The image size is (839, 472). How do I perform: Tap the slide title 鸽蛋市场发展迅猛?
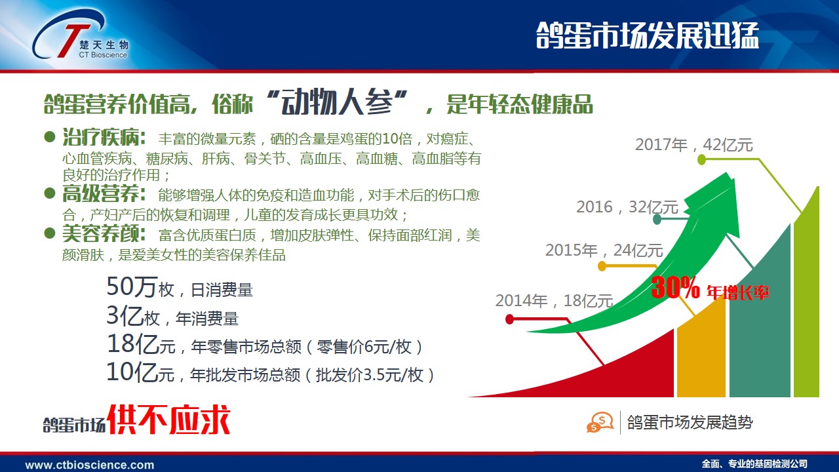tap(647, 35)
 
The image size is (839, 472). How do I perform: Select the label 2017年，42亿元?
tap(694, 145)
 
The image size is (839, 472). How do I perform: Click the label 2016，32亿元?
tap(627, 207)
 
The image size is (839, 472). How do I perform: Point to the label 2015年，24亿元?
tap(604, 250)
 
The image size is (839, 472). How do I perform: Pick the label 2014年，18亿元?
tap(555, 301)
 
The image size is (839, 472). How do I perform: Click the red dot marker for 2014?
tap(509, 319)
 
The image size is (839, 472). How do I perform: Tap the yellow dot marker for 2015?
tap(602, 266)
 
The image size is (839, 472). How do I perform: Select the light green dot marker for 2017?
tap(701, 160)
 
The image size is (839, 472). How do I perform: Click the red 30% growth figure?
tap(675, 288)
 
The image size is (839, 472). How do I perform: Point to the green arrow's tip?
tap(727, 173)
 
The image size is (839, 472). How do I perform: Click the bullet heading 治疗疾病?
tap(104, 137)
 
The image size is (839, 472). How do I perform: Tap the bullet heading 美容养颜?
tap(104, 234)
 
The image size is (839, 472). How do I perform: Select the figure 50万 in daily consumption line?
tap(131, 287)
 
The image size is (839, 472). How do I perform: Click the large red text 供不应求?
tap(168, 420)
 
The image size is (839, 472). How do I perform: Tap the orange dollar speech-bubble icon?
tap(600, 422)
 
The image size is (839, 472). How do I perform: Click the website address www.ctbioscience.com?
tap(90, 465)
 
